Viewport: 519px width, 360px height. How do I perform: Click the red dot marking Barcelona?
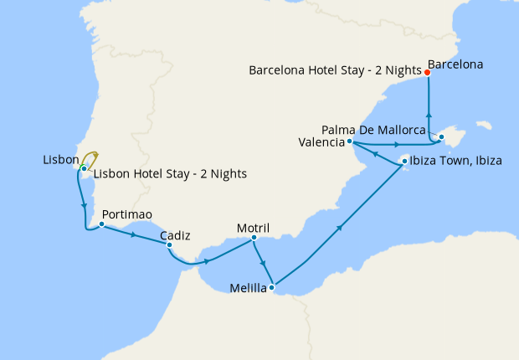(x=428, y=73)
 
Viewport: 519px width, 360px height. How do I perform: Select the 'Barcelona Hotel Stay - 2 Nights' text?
(x=335, y=71)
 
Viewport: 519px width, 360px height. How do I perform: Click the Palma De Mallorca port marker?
(x=441, y=136)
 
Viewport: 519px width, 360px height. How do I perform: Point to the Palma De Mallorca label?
(x=374, y=130)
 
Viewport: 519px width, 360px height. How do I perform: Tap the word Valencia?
(x=321, y=142)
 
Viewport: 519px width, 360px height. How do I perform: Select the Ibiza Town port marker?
(x=404, y=161)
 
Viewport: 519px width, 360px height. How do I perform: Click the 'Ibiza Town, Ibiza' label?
(x=457, y=161)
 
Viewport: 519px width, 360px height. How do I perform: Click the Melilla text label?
(x=248, y=290)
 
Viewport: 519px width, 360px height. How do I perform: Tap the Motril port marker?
(x=254, y=239)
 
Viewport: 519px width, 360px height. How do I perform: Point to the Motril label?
(x=253, y=227)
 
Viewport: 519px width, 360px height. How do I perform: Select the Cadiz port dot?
(x=170, y=245)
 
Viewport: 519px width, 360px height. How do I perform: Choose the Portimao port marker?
(x=101, y=224)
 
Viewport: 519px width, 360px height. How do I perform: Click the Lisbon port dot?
(x=84, y=169)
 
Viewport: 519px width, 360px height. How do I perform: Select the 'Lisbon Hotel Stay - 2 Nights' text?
(x=170, y=174)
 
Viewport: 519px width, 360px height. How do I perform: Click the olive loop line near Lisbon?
(x=96, y=157)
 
